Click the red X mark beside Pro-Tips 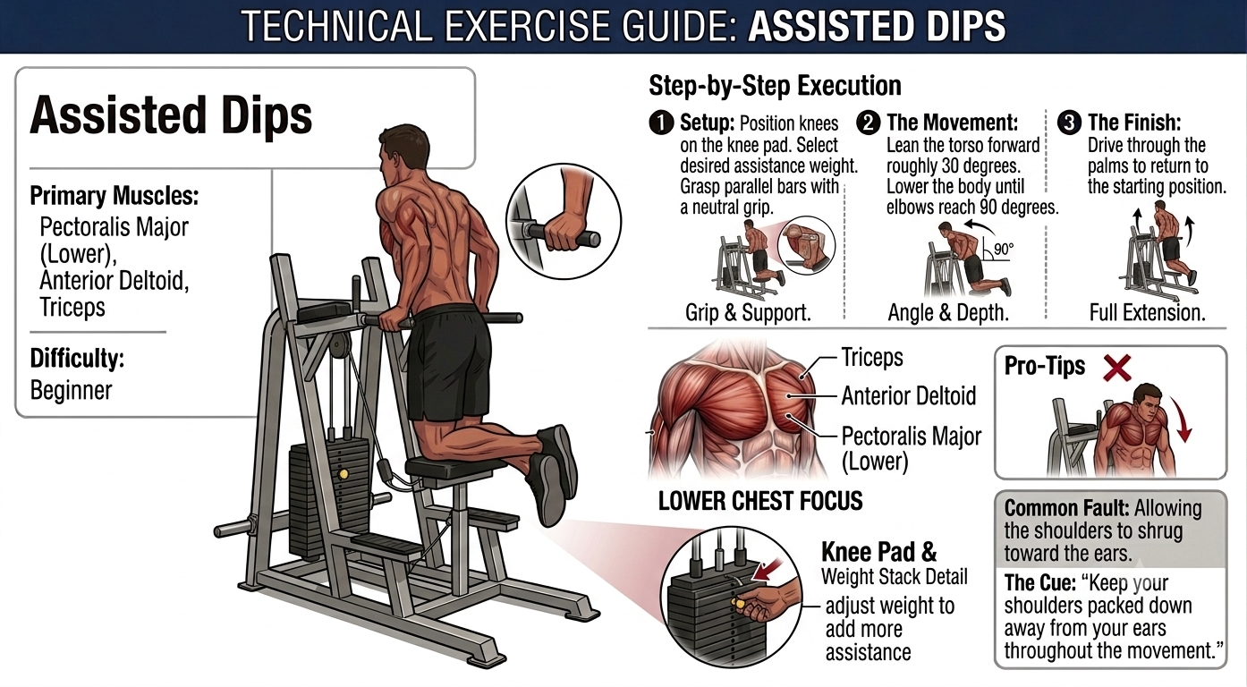[1117, 368]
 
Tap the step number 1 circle [661, 123]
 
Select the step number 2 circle [869, 123]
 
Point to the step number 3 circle [1069, 123]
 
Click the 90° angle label [1004, 249]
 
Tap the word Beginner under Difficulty [72, 390]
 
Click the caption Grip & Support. [748, 313]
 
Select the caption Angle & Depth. [948, 313]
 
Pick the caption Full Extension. [1148, 313]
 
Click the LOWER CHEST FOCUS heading [760, 501]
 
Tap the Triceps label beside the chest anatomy [872, 358]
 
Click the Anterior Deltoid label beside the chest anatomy [909, 396]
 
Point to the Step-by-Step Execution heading [775, 86]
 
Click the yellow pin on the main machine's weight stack [344, 474]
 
